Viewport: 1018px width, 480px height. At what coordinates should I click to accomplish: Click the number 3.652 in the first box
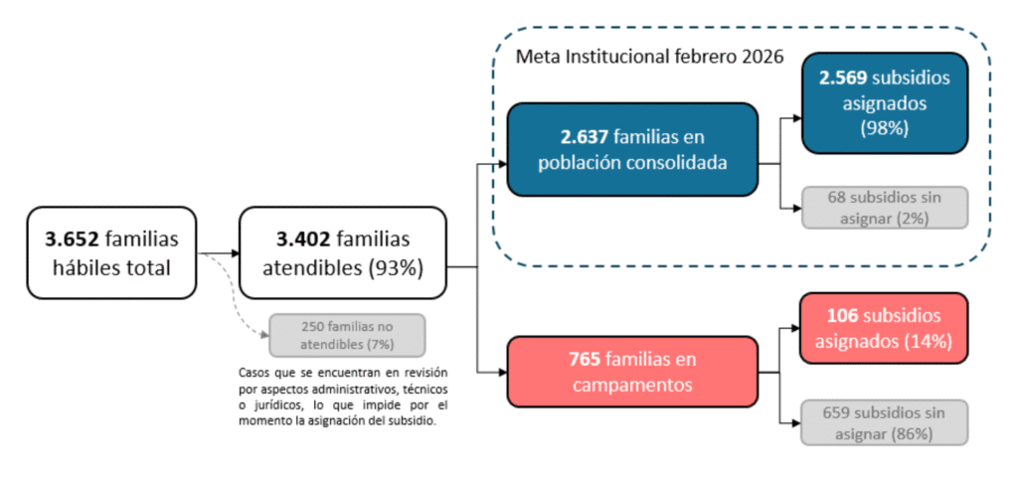tap(72, 240)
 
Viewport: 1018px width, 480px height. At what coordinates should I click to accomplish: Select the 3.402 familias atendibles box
tap(343, 253)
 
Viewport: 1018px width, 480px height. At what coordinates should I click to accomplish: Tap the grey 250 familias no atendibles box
tap(347, 335)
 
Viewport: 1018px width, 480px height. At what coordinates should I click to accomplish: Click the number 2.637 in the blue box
tap(585, 137)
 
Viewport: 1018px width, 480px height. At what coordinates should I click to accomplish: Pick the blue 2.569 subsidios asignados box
tap(885, 103)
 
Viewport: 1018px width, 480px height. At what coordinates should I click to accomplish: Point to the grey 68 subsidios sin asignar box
tap(885, 208)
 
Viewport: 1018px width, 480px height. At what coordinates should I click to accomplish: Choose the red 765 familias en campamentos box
tap(632, 372)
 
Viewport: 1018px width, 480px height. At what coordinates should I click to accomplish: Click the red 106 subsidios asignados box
tap(884, 328)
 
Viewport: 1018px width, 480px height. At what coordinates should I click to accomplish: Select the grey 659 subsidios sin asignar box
tap(884, 423)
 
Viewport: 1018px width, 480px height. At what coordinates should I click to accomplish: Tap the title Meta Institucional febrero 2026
tap(650, 57)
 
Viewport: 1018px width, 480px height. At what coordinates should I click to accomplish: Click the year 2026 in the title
tap(763, 57)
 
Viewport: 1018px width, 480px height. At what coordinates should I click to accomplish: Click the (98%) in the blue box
tap(884, 128)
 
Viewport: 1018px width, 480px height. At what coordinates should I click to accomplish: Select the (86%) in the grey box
tap(917, 433)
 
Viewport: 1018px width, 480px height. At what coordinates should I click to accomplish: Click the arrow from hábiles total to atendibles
tap(218, 253)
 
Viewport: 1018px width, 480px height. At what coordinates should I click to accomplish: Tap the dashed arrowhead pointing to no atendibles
tap(264, 335)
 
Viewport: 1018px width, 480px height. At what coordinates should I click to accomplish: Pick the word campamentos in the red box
tap(632, 385)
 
